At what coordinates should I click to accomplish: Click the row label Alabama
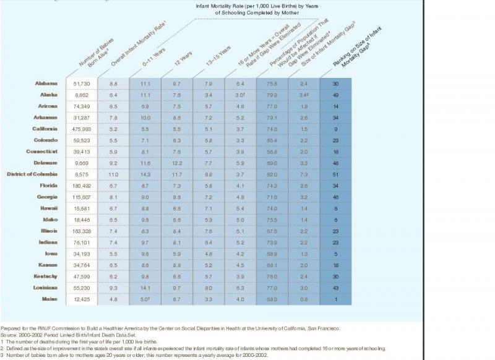click(46, 83)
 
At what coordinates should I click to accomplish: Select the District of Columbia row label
click(32, 174)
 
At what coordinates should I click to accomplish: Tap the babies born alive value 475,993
click(82, 129)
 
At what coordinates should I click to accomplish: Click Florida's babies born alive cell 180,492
click(82, 186)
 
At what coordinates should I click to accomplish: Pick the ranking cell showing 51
click(336, 174)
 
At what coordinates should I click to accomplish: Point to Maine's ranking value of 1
click(336, 299)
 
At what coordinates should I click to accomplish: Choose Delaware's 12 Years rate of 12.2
click(176, 163)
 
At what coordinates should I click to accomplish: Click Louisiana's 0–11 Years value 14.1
click(145, 288)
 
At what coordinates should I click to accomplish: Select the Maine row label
click(50, 299)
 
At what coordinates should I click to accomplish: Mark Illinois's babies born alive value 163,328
click(82, 231)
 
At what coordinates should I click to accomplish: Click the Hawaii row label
click(49, 208)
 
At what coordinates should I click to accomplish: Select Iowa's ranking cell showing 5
click(336, 254)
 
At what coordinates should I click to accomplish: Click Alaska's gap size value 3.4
click(304, 95)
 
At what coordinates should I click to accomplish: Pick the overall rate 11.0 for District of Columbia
click(113, 174)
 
